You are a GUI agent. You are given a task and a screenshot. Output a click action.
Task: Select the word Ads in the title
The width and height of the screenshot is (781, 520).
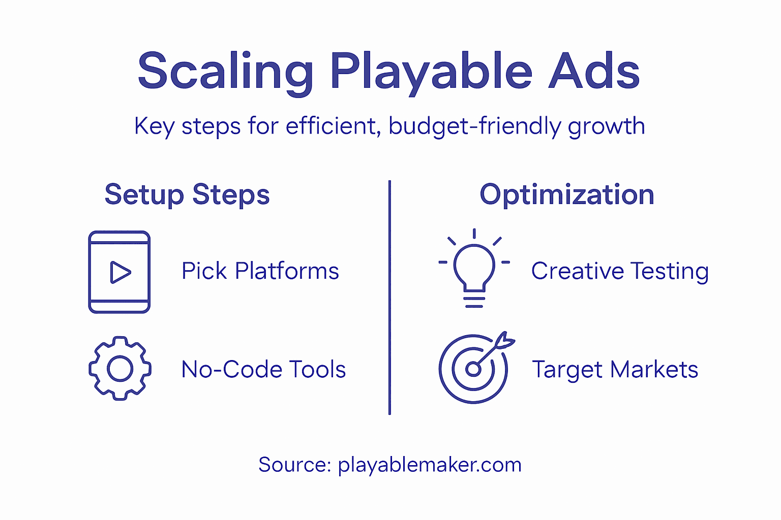point(593,72)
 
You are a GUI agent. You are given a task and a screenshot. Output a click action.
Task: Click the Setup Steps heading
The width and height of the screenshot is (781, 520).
point(187,195)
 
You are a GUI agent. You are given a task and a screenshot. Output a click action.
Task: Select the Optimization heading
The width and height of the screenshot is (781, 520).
point(567,195)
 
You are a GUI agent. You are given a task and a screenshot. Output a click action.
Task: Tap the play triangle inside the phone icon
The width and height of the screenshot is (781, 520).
point(120,272)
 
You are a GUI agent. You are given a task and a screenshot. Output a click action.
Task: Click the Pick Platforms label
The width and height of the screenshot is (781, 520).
point(260,271)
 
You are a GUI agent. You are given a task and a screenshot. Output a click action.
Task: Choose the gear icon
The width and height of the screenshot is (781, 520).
point(120,368)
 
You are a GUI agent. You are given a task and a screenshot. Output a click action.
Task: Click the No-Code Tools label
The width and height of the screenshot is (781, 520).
point(263,370)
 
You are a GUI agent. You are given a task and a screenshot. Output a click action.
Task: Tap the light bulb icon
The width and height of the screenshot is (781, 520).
point(474,268)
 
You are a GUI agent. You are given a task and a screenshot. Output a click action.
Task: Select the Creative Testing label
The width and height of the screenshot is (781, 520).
point(620,271)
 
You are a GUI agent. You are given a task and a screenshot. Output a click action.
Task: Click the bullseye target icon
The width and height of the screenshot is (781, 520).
point(473,369)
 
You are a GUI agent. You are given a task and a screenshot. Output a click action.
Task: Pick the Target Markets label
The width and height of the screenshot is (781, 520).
point(615,370)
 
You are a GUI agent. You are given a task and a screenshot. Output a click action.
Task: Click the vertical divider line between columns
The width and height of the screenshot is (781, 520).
point(389,297)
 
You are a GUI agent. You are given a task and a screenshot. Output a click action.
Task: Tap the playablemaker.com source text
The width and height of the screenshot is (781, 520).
point(430,465)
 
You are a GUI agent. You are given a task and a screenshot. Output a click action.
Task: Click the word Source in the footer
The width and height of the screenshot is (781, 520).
point(294,465)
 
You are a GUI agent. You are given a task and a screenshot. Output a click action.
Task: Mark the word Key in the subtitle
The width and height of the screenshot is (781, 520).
point(154,126)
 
